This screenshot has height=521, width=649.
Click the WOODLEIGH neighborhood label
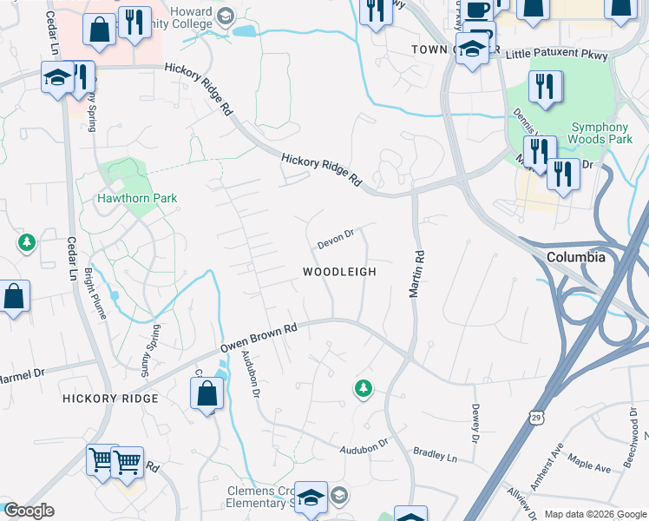339,272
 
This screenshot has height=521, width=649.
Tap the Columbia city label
576,258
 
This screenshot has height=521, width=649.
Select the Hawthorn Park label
136,198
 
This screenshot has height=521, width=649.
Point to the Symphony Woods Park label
600,133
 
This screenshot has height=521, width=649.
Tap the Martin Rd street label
417,276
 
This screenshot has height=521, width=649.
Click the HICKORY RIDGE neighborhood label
110,398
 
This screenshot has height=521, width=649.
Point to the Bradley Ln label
435,455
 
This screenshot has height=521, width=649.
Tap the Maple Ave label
589,466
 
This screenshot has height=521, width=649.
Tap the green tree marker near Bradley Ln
364,389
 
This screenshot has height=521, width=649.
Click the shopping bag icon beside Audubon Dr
207,395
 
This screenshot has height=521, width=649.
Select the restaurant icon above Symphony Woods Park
545,88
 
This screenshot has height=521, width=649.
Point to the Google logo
28,511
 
